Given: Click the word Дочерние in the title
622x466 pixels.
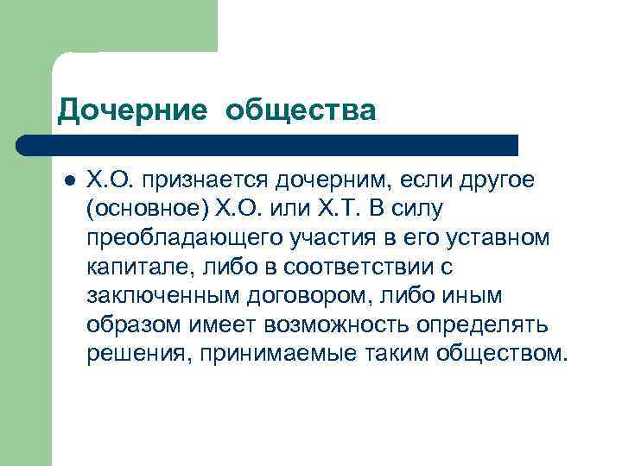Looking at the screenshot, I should (132, 110).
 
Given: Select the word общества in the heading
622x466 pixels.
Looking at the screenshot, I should (302, 110).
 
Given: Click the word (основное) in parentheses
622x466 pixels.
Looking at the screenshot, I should (148, 209).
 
